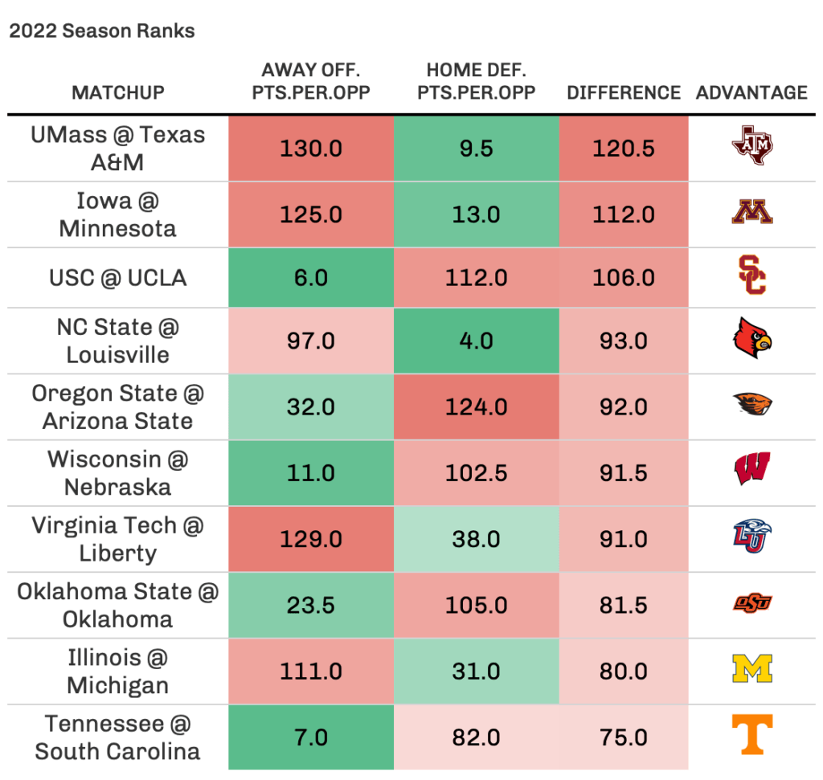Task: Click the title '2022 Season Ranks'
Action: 102,31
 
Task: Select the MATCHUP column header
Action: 117,92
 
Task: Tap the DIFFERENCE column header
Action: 624,92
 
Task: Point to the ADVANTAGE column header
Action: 751,92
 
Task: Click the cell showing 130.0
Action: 311,149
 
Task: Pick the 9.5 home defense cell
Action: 476,149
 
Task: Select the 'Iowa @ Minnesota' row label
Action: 117,214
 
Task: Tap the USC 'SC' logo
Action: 751,276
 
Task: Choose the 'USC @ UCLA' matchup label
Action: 117,278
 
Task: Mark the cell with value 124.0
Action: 476,406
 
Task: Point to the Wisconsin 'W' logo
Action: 751,469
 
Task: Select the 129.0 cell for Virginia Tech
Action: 311,539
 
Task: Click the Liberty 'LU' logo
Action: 751,537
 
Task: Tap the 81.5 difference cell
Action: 624,605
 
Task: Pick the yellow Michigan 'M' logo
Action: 751,668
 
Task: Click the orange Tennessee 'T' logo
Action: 751,734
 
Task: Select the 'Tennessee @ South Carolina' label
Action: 117,737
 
